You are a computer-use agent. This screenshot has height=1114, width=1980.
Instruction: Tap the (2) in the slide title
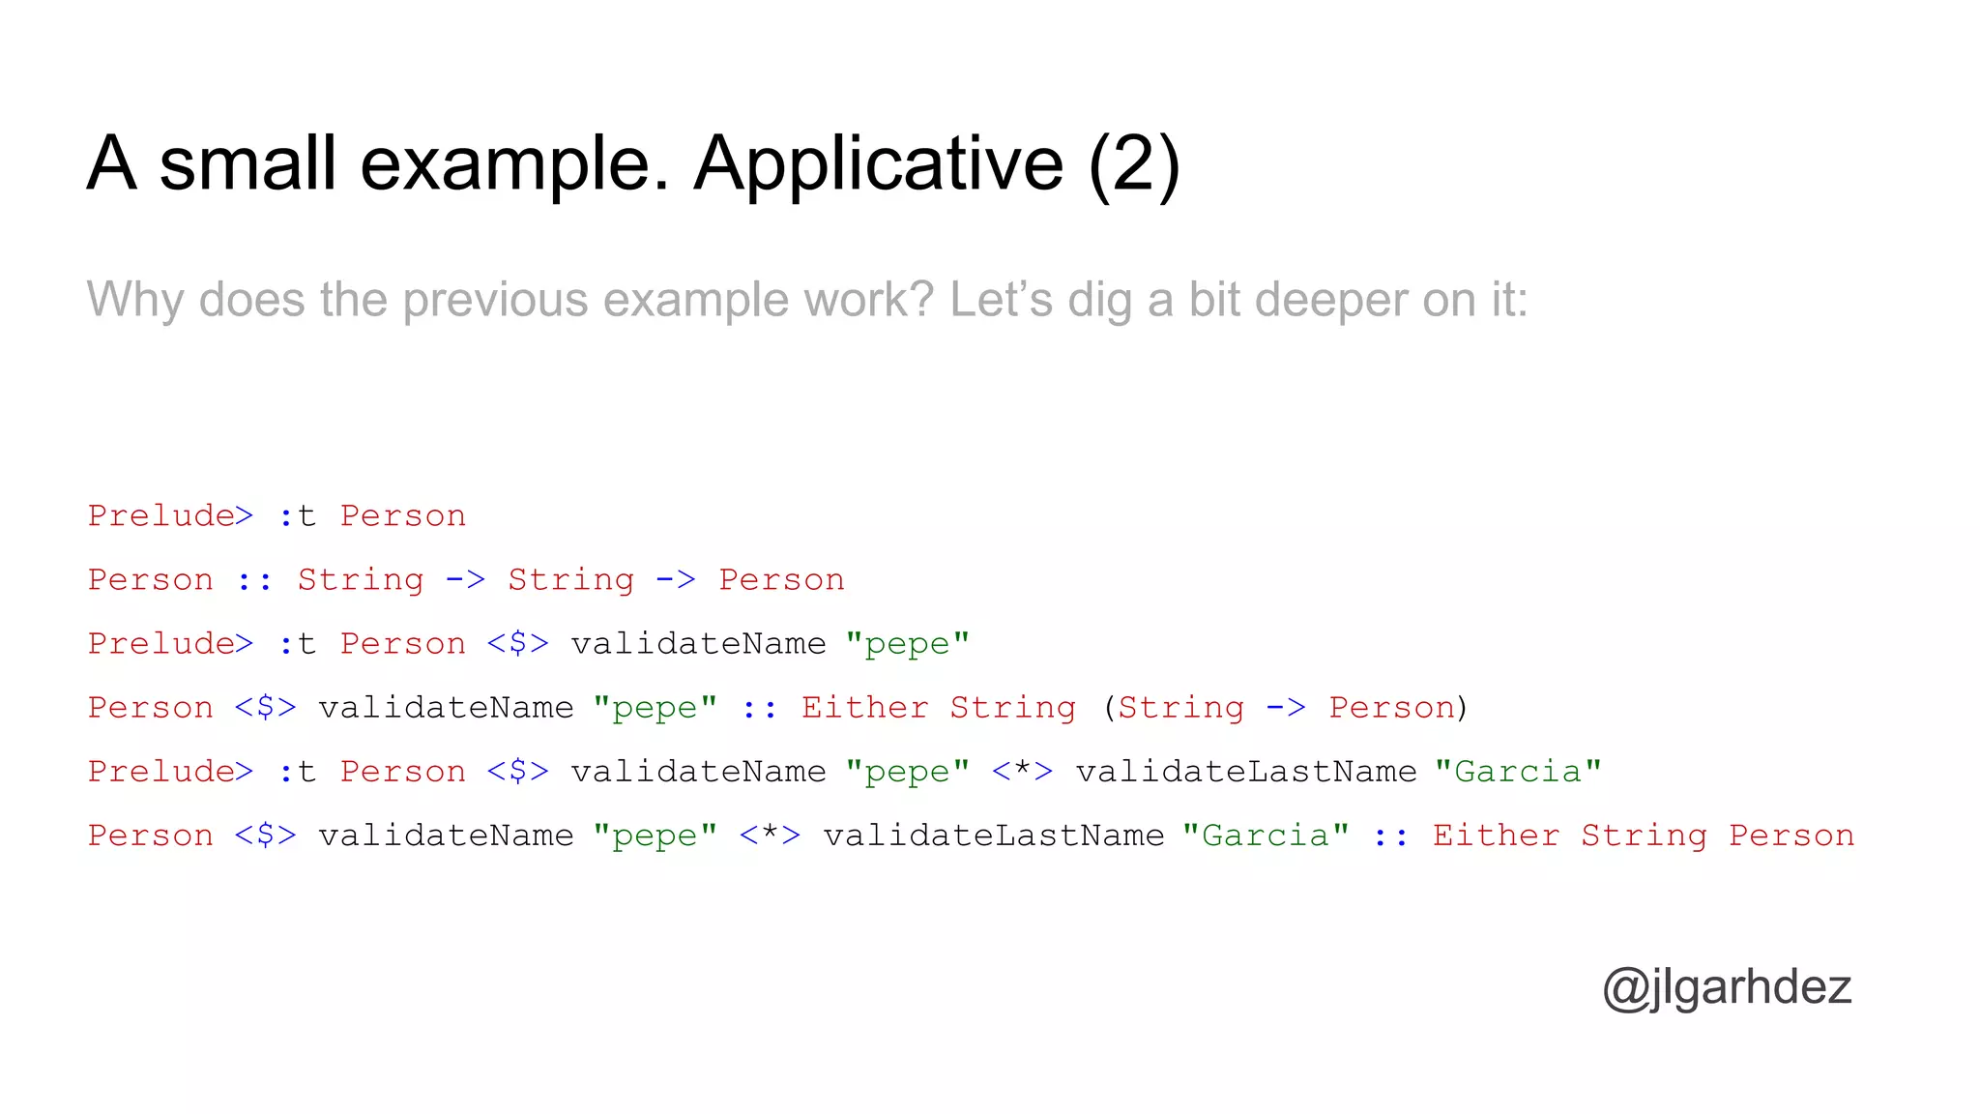1133,164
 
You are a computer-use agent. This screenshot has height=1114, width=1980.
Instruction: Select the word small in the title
247,164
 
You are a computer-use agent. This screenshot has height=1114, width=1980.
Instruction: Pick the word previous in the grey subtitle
495,300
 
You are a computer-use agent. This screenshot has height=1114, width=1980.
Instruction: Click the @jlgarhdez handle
1727,987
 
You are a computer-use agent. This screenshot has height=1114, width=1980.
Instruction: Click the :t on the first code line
297,516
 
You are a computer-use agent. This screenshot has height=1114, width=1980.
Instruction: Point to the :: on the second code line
254,580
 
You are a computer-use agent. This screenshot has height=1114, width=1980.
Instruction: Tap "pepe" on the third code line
907,644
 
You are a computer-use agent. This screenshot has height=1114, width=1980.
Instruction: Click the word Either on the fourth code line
864,708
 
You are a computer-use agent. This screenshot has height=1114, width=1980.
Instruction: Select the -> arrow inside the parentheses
1286,708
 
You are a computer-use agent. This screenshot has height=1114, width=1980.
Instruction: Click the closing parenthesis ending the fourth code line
1463,708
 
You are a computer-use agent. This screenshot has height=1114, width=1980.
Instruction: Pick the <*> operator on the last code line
770,835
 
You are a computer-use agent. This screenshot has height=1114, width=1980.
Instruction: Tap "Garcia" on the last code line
1266,835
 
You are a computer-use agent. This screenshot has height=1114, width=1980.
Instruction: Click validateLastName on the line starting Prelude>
1245,772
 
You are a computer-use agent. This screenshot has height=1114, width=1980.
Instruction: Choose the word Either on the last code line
1496,835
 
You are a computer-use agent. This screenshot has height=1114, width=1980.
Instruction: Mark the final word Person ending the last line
1791,835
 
